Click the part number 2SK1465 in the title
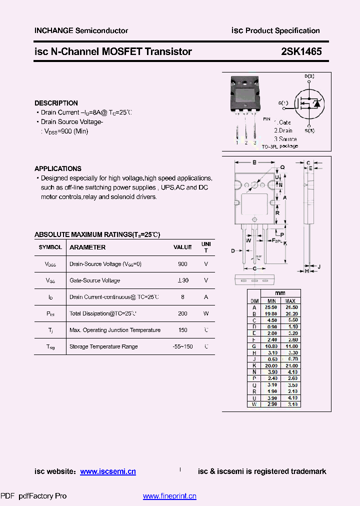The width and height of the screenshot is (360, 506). tap(301, 51)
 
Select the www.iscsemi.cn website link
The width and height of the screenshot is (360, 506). tap(108, 471)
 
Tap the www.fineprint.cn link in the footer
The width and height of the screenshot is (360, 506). tap(169, 496)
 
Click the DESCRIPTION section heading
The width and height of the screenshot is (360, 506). tap(56, 103)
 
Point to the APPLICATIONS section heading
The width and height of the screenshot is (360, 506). tap(58, 168)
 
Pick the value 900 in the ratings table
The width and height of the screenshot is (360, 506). tap(182, 264)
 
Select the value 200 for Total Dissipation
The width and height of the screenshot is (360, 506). tap(182, 313)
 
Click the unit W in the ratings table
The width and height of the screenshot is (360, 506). tap(206, 313)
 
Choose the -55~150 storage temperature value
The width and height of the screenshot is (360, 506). tap(182, 346)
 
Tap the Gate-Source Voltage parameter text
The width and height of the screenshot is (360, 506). tap(94, 280)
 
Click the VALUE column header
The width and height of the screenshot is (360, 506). tap(182, 247)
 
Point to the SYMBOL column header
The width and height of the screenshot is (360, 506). tap(50, 247)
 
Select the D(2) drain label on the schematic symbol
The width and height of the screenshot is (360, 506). tap(309, 76)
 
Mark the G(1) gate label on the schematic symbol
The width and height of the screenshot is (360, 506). tap(283, 103)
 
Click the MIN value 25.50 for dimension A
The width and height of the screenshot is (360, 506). tap(271, 307)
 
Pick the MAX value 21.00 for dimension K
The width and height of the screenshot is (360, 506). tap(290, 365)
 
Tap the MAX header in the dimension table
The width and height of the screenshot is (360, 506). tap(290, 301)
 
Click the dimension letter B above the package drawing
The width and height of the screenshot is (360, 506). tap(254, 162)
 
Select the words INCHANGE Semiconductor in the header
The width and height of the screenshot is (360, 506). tap(81, 30)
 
